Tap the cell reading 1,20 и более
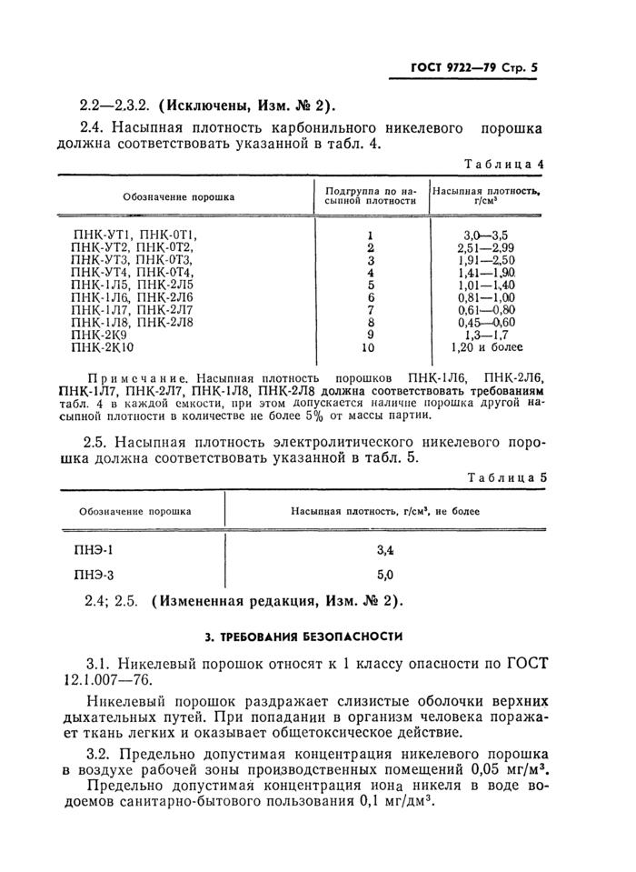click(488, 347)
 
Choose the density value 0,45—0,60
click(488, 322)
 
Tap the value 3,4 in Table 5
click(384, 549)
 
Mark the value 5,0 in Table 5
click(384, 575)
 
